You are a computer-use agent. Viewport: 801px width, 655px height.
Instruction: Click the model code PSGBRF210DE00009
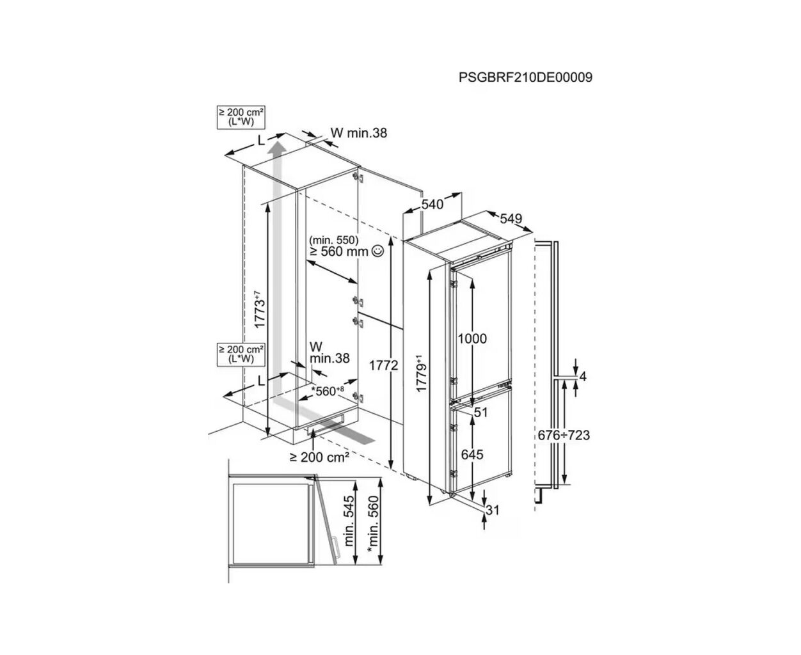pos(525,77)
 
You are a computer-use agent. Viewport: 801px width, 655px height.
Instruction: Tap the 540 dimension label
pos(432,205)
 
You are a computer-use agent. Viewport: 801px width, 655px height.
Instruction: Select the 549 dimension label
pos(511,219)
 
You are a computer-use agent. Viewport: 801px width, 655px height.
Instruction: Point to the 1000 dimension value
pos(473,338)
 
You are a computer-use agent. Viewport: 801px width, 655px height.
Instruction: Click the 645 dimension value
pos(473,455)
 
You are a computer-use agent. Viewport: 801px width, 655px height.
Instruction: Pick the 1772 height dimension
pos(385,365)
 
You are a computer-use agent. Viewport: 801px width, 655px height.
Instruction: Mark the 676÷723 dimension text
pos(563,436)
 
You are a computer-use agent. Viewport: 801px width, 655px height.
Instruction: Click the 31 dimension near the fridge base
pos(493,510)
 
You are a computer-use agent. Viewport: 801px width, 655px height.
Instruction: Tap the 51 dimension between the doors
pos(480,413)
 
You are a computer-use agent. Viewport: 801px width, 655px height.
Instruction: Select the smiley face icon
pos(377,251)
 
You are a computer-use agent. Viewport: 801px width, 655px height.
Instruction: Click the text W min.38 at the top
pos(359,133)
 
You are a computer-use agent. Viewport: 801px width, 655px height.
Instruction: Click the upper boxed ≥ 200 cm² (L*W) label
pos(242,116)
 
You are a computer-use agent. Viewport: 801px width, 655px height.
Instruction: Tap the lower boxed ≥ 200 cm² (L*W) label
pos(242,354)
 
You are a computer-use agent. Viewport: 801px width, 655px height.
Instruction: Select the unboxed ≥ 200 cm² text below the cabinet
pos(319,457)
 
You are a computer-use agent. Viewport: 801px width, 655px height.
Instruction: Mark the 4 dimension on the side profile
pos(582,376)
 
